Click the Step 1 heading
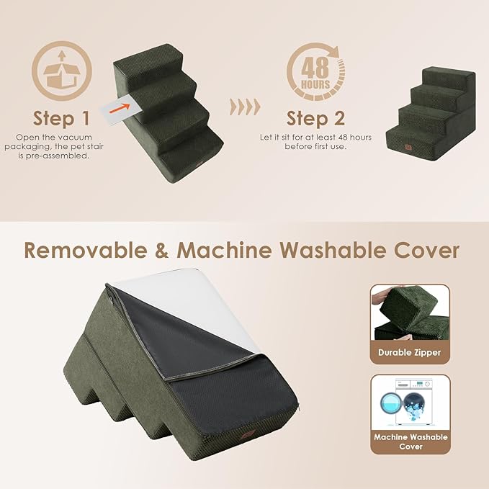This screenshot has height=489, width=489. click(x=61, y=117)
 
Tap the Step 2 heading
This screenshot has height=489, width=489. click(x=315, y=117)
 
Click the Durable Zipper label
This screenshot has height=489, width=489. click(x=410, y=353)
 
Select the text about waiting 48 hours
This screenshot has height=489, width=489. click(x=315, y=142)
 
